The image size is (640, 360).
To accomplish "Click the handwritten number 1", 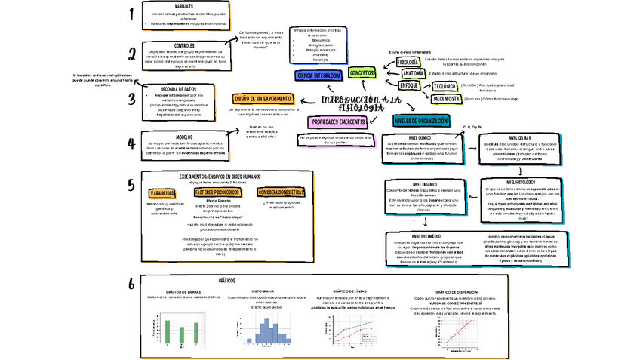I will coord(131,13).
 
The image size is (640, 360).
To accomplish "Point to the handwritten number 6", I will coord(131,284).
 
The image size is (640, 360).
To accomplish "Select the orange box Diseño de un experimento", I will coord(263,99).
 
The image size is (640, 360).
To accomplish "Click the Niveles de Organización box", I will coord(421,120).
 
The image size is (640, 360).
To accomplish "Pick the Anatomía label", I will coord(412,73).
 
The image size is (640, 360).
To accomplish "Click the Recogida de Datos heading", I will coord(179,88).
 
